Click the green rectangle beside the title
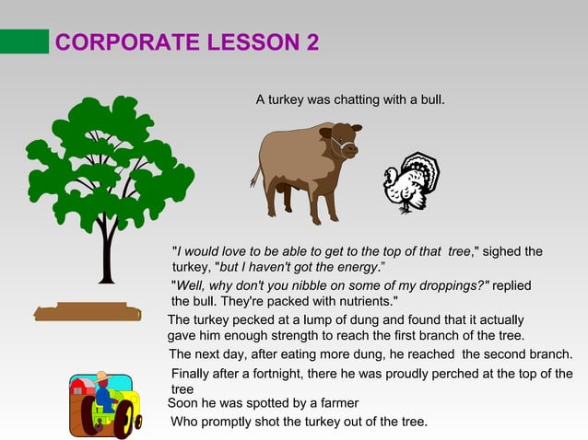[24, 41]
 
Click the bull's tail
[255, 174]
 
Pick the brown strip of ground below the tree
[87, 312]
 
